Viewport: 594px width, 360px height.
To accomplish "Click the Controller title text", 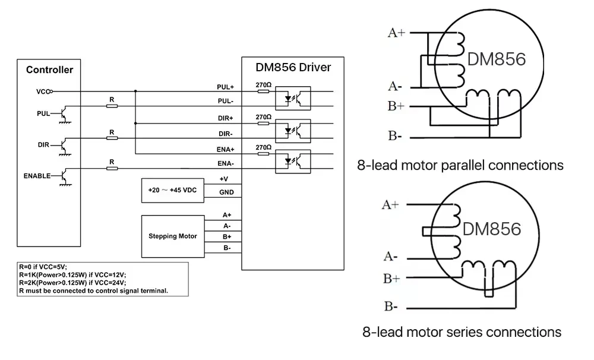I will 49,70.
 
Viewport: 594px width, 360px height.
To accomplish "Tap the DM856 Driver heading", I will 293,67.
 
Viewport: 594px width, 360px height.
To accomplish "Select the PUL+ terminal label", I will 225,87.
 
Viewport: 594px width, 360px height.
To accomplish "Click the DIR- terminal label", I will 225,134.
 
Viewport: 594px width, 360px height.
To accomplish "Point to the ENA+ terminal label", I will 225,149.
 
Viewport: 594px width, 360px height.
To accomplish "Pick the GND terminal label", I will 226,192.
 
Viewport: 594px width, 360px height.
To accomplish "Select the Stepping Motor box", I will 172,236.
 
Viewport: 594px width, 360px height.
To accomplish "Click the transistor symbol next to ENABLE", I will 64,176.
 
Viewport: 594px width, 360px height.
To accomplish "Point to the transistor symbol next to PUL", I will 64,113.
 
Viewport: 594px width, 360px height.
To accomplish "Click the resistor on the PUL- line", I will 112,106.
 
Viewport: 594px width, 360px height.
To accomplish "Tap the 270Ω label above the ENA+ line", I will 263,147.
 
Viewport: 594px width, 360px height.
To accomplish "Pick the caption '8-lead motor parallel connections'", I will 460,165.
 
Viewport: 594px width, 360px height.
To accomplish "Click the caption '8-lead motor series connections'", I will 462,331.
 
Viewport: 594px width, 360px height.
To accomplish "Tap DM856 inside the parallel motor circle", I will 496,60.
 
